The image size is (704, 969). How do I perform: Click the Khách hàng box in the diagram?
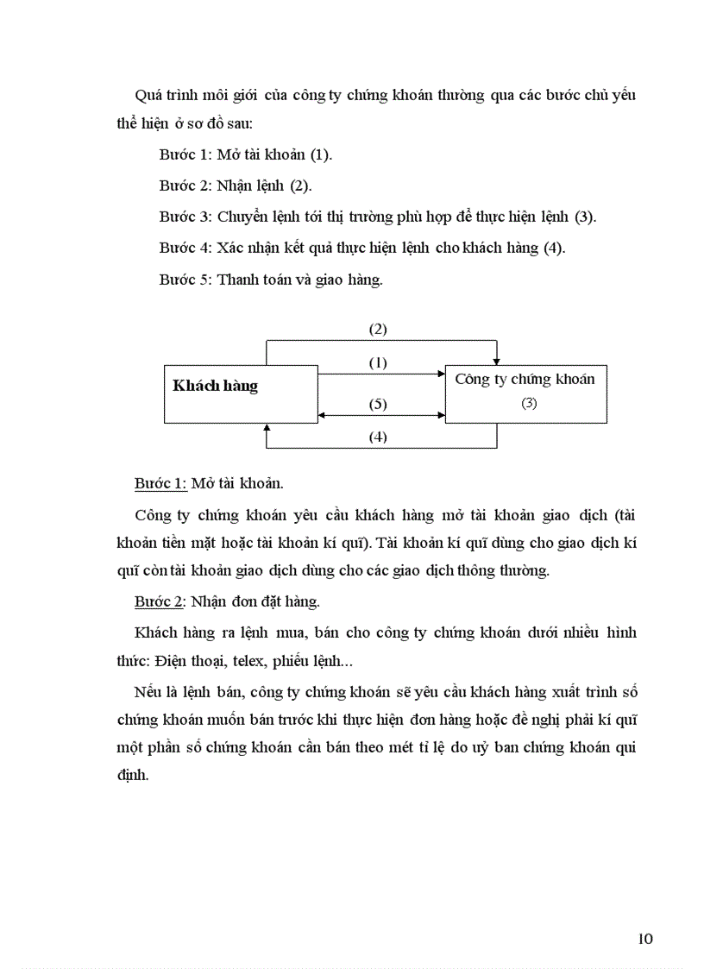(241, 394)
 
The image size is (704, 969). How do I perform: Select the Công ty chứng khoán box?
(525, 393)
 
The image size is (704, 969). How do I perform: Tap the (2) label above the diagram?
(378, 329)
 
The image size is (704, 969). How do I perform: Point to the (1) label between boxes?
(378, 362)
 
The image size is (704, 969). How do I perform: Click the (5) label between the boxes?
(378, 404)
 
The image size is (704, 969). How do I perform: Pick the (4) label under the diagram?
(378, 437)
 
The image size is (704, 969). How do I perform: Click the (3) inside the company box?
(529, 403)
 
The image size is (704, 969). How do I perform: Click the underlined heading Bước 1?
(160, 483)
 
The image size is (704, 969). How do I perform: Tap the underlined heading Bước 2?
(160, 601)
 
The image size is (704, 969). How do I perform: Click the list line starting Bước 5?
(271, 279)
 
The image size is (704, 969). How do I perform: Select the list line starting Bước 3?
(377, 217)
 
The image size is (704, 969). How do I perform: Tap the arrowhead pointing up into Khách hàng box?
(267, 428)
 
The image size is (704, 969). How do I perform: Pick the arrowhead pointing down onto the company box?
(497, 359)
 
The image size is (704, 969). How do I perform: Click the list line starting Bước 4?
(362, 248)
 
